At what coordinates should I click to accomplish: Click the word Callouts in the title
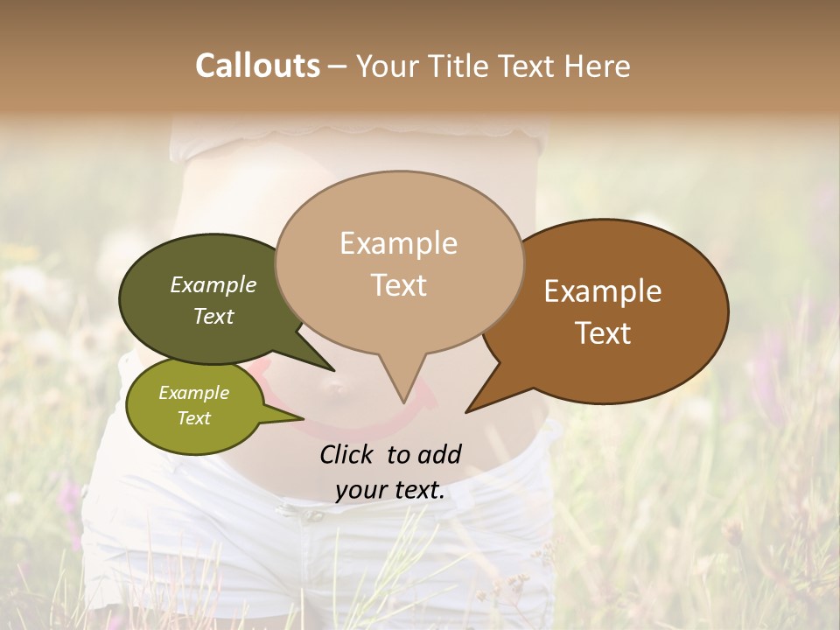tap(257, 66)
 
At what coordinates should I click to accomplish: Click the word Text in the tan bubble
tap(398, 284)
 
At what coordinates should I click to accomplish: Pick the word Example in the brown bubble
tap(603, 291)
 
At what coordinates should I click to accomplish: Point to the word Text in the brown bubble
tap(603, 332)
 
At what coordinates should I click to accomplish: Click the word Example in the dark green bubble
tap(213, 284)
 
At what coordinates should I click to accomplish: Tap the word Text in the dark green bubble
tap(213, 316)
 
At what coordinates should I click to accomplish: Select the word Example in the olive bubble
tap(193, 393)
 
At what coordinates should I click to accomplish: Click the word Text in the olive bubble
tap(193, 418)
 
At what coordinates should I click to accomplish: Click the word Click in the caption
tap(348, 454)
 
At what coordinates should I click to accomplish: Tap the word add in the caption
tap(440, 454)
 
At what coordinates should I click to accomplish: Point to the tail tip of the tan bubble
tap(403, 402)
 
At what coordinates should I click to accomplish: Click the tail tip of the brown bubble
tap(466, 411)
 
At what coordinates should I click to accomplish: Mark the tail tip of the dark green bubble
tap(332, 371)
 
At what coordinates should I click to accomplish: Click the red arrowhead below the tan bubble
tap(430, 398)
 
